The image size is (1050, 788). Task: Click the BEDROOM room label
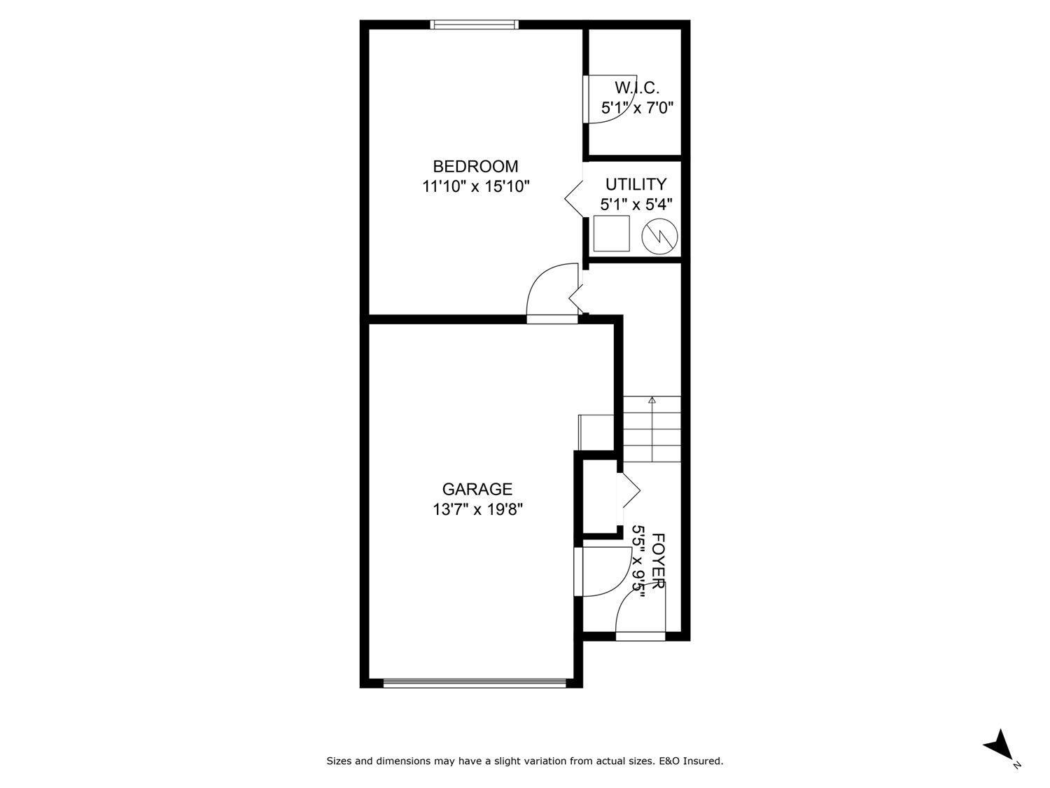tap(475, 167)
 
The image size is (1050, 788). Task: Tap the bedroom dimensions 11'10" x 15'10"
tap(475, 187)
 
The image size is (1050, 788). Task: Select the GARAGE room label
tap(477, 489)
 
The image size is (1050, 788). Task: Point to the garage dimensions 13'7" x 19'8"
tap(477, 509)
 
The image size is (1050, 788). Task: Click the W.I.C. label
tap(637, 88)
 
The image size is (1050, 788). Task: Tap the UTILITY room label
tap(636, 184)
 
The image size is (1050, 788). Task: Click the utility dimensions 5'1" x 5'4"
tap(636, 205)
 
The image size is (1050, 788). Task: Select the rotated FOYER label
tap(658, 560)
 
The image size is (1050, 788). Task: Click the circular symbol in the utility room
tap(659, 236)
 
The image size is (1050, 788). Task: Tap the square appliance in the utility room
tap(611, 233)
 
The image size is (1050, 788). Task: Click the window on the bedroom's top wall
tap(475, 25)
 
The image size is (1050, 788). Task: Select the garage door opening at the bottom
tap(475, 682)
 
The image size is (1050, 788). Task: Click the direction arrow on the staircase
tap(652, 401)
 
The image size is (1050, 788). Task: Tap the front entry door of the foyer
tap(640, 636)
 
